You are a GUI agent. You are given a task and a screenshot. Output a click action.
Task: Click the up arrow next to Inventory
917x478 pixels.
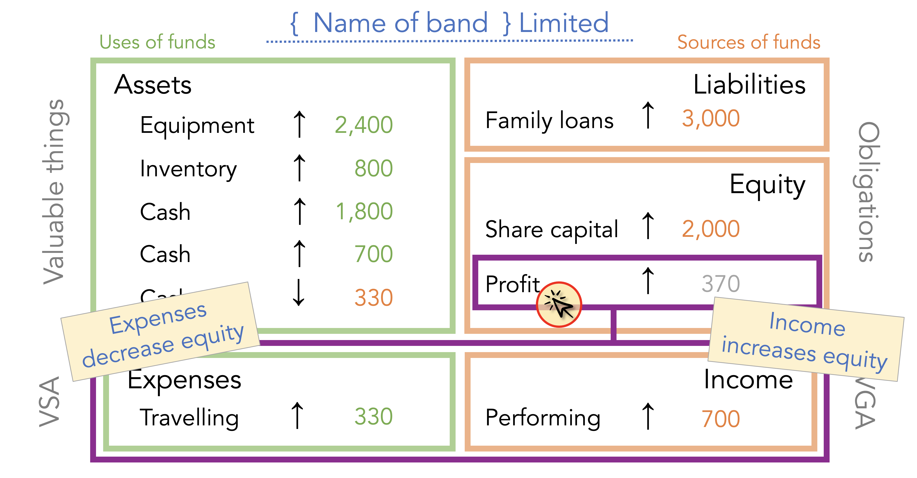click(299, 168)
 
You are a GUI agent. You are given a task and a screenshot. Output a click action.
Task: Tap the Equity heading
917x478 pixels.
click(767, 185)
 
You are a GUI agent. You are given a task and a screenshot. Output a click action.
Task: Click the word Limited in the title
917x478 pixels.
click(564, 23)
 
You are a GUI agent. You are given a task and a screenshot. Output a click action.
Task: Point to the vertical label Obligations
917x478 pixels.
click(868, 192)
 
